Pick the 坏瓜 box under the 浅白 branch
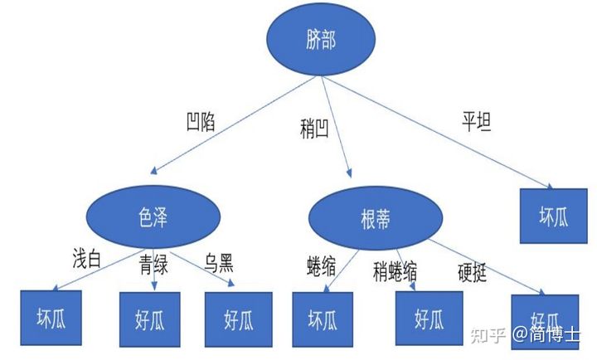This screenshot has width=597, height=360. (49, 318)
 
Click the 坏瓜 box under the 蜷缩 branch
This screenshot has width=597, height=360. (324, 319)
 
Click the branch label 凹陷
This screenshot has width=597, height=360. (201, 124)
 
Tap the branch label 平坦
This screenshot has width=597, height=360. (476, 124)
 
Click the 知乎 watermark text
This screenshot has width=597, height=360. (485, 335)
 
